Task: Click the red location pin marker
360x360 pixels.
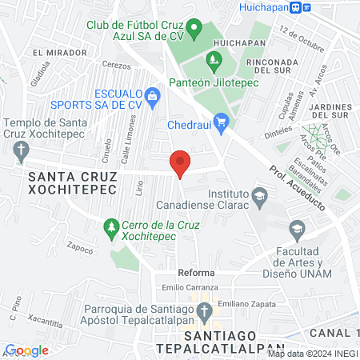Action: click(181, 163)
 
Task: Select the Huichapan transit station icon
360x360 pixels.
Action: click(296, 7)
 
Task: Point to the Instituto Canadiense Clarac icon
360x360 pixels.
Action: click(259, 196)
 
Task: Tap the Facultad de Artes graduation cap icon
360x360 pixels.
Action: click(297, 231)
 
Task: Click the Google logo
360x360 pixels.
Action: click(26, 350)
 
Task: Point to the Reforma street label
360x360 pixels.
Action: click(195, 273)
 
